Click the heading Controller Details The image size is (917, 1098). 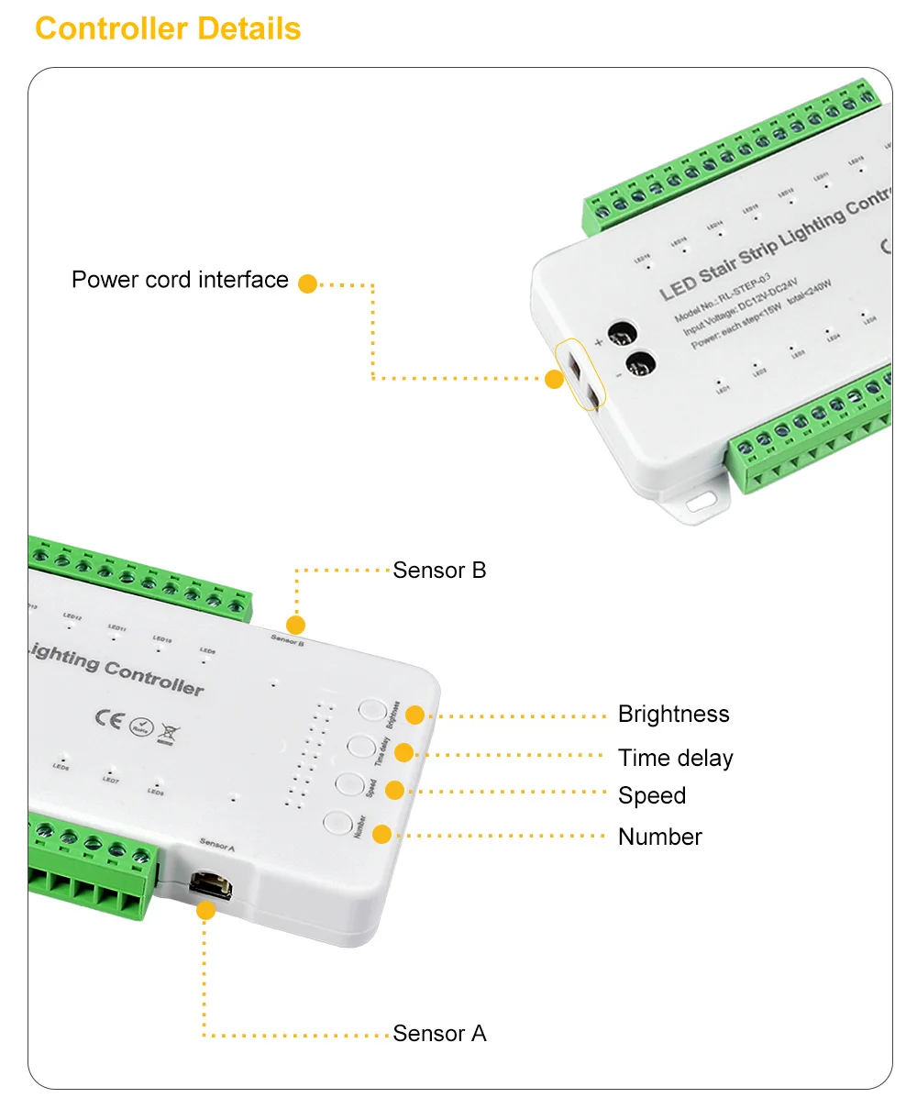click(x=168, y=28)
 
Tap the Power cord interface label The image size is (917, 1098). click(x=180, y=280)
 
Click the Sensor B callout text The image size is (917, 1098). click(x=439, y=571)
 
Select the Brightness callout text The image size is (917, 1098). click(x=673, y=715)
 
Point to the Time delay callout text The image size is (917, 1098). click(x=675, y=759)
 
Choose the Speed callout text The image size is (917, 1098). click(x=651, y=795)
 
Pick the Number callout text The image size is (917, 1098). click(x=659, y=837)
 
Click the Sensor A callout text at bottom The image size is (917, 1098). click(x=439, y=1034)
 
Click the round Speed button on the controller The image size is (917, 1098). click(x=348, y=783)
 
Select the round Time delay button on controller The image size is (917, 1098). click(x=360, y=746)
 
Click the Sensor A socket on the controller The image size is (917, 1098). click(x=211, y=885)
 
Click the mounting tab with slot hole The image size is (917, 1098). click(x=702, y=500)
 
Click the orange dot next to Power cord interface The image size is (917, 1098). click(x=308, y=284)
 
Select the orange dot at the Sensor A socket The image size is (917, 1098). click(x=206, y=910)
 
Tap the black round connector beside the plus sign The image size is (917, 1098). click(x=624, y=333)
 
